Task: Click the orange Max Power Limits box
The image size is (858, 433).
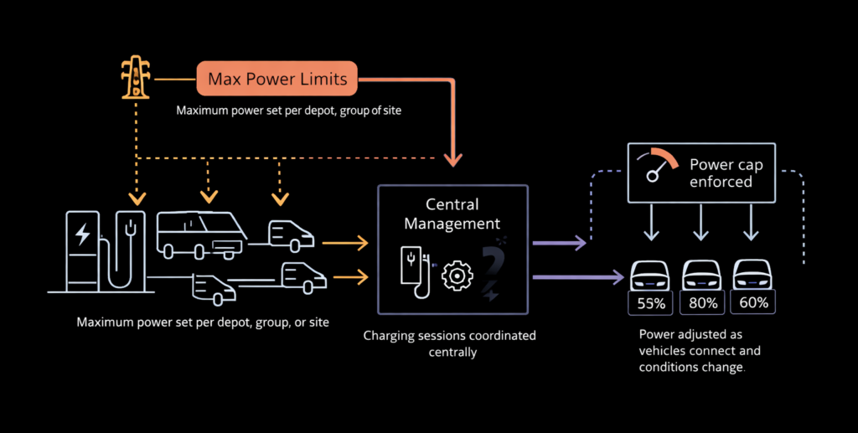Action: click(277, 81)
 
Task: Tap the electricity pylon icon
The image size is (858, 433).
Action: click(134, 80)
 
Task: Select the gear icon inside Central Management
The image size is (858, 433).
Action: click(457, 276)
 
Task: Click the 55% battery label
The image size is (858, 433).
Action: click(650, 303)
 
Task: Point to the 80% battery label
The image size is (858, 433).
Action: click(702, 303)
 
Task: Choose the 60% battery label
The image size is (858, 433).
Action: click(753, 303)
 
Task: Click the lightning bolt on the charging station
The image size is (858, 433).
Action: click(83, 235)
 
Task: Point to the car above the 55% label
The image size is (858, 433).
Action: click(650, 275)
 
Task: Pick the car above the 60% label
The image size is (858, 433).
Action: click(753, 275)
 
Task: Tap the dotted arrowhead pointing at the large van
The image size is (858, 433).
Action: click(206, 198)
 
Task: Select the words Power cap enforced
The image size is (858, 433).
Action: click(721, 173)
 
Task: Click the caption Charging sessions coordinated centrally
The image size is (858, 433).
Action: click(449, 343)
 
